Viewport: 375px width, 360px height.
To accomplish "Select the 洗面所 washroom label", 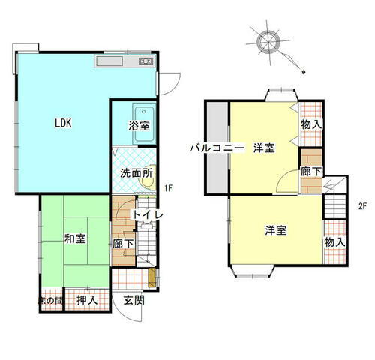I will tap(136, 173).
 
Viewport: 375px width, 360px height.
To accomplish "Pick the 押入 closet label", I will tap(87, 299).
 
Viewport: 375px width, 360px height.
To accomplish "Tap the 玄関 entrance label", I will tap(135, 300).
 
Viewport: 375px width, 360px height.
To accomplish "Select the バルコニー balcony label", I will tap(217, 148).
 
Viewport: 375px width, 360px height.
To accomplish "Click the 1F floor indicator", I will tap(169, 188).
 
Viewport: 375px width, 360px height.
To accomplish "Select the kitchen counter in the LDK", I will tap(125, 61).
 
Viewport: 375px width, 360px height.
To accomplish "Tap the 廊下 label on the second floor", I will tap(310, 171).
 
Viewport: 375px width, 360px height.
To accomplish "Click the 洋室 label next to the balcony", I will tap(263, 148).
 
